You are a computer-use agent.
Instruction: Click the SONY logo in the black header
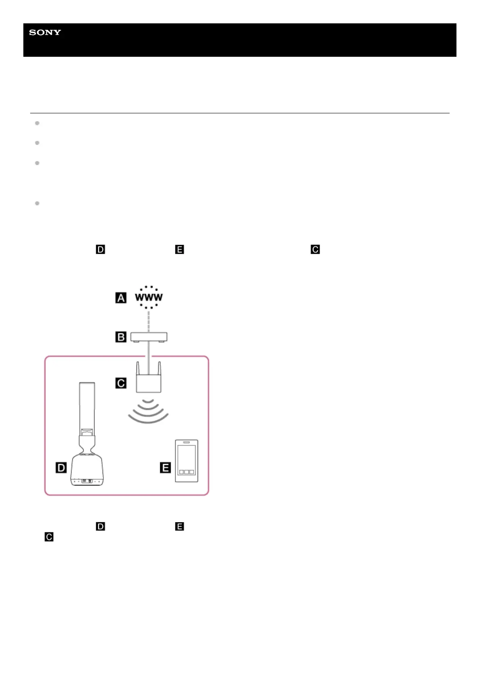click(x=45, y=33)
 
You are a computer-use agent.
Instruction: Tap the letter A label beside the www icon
click(x=121, y=298)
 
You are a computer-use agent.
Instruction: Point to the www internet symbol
click(x=149, y=298)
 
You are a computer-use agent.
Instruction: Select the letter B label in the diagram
click(x=121, y=337)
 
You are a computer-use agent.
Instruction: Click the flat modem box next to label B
click(x=149, y=337)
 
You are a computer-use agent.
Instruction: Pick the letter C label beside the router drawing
click(x=121, y=383)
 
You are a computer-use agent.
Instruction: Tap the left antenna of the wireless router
click(x=138, y=369)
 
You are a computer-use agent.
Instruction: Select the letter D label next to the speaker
click(x=61, y=467)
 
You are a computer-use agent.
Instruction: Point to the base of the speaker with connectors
click(x=87, y=480)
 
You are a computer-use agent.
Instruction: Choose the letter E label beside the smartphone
click(x=165, y=467)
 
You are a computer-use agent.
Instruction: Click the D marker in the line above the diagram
click(x=100, y=250)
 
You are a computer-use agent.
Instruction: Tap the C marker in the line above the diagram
click(x=315, y=250)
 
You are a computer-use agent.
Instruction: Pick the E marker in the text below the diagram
click(x=180, y=526)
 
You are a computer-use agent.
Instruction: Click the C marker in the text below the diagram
click(x=49, y=537)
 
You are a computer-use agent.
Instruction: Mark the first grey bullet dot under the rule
click(x=37, y=123)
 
